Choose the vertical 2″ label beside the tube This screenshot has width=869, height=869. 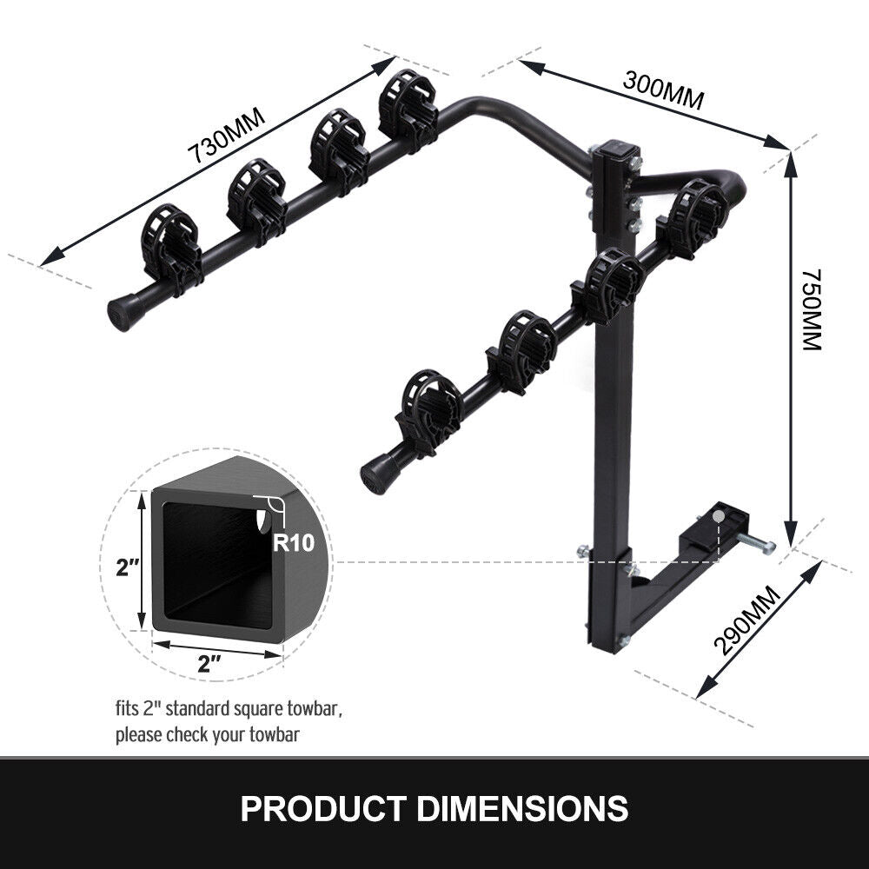click(129, 569)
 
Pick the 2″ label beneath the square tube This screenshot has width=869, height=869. click(209, 665)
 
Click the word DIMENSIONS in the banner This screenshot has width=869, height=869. click(522, 808)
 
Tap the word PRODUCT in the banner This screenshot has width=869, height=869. click(323, 808)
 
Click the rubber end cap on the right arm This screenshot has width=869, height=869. click(375, 474)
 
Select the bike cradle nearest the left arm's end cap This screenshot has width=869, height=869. click(170, 245)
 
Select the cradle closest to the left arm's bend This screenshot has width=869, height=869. click(407, 108)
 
